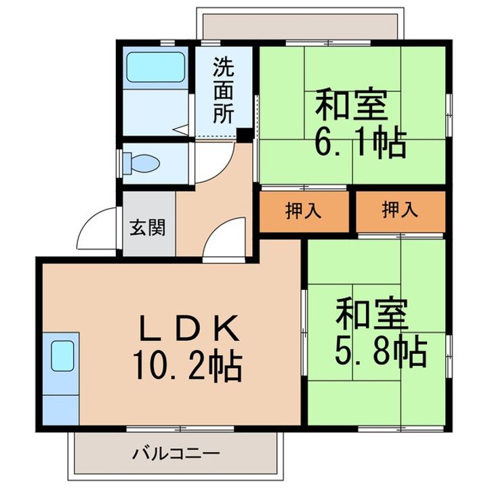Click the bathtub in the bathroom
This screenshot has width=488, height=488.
[156, 67]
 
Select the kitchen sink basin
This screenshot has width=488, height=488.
[62, 356]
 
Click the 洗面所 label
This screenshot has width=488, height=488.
[224, 90]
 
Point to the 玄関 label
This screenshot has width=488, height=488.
[148, 228]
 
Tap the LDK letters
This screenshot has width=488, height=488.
[190, 327]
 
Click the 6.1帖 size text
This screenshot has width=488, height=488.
[361, 142]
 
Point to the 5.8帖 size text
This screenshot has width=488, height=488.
[381, 350]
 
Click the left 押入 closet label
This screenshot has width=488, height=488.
[303, 210]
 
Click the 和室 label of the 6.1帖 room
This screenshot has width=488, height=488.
[352, 104]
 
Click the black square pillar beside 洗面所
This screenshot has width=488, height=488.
[244, 136]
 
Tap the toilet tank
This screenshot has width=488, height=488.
[127, 163]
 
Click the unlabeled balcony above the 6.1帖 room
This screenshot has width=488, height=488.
[300, 26]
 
